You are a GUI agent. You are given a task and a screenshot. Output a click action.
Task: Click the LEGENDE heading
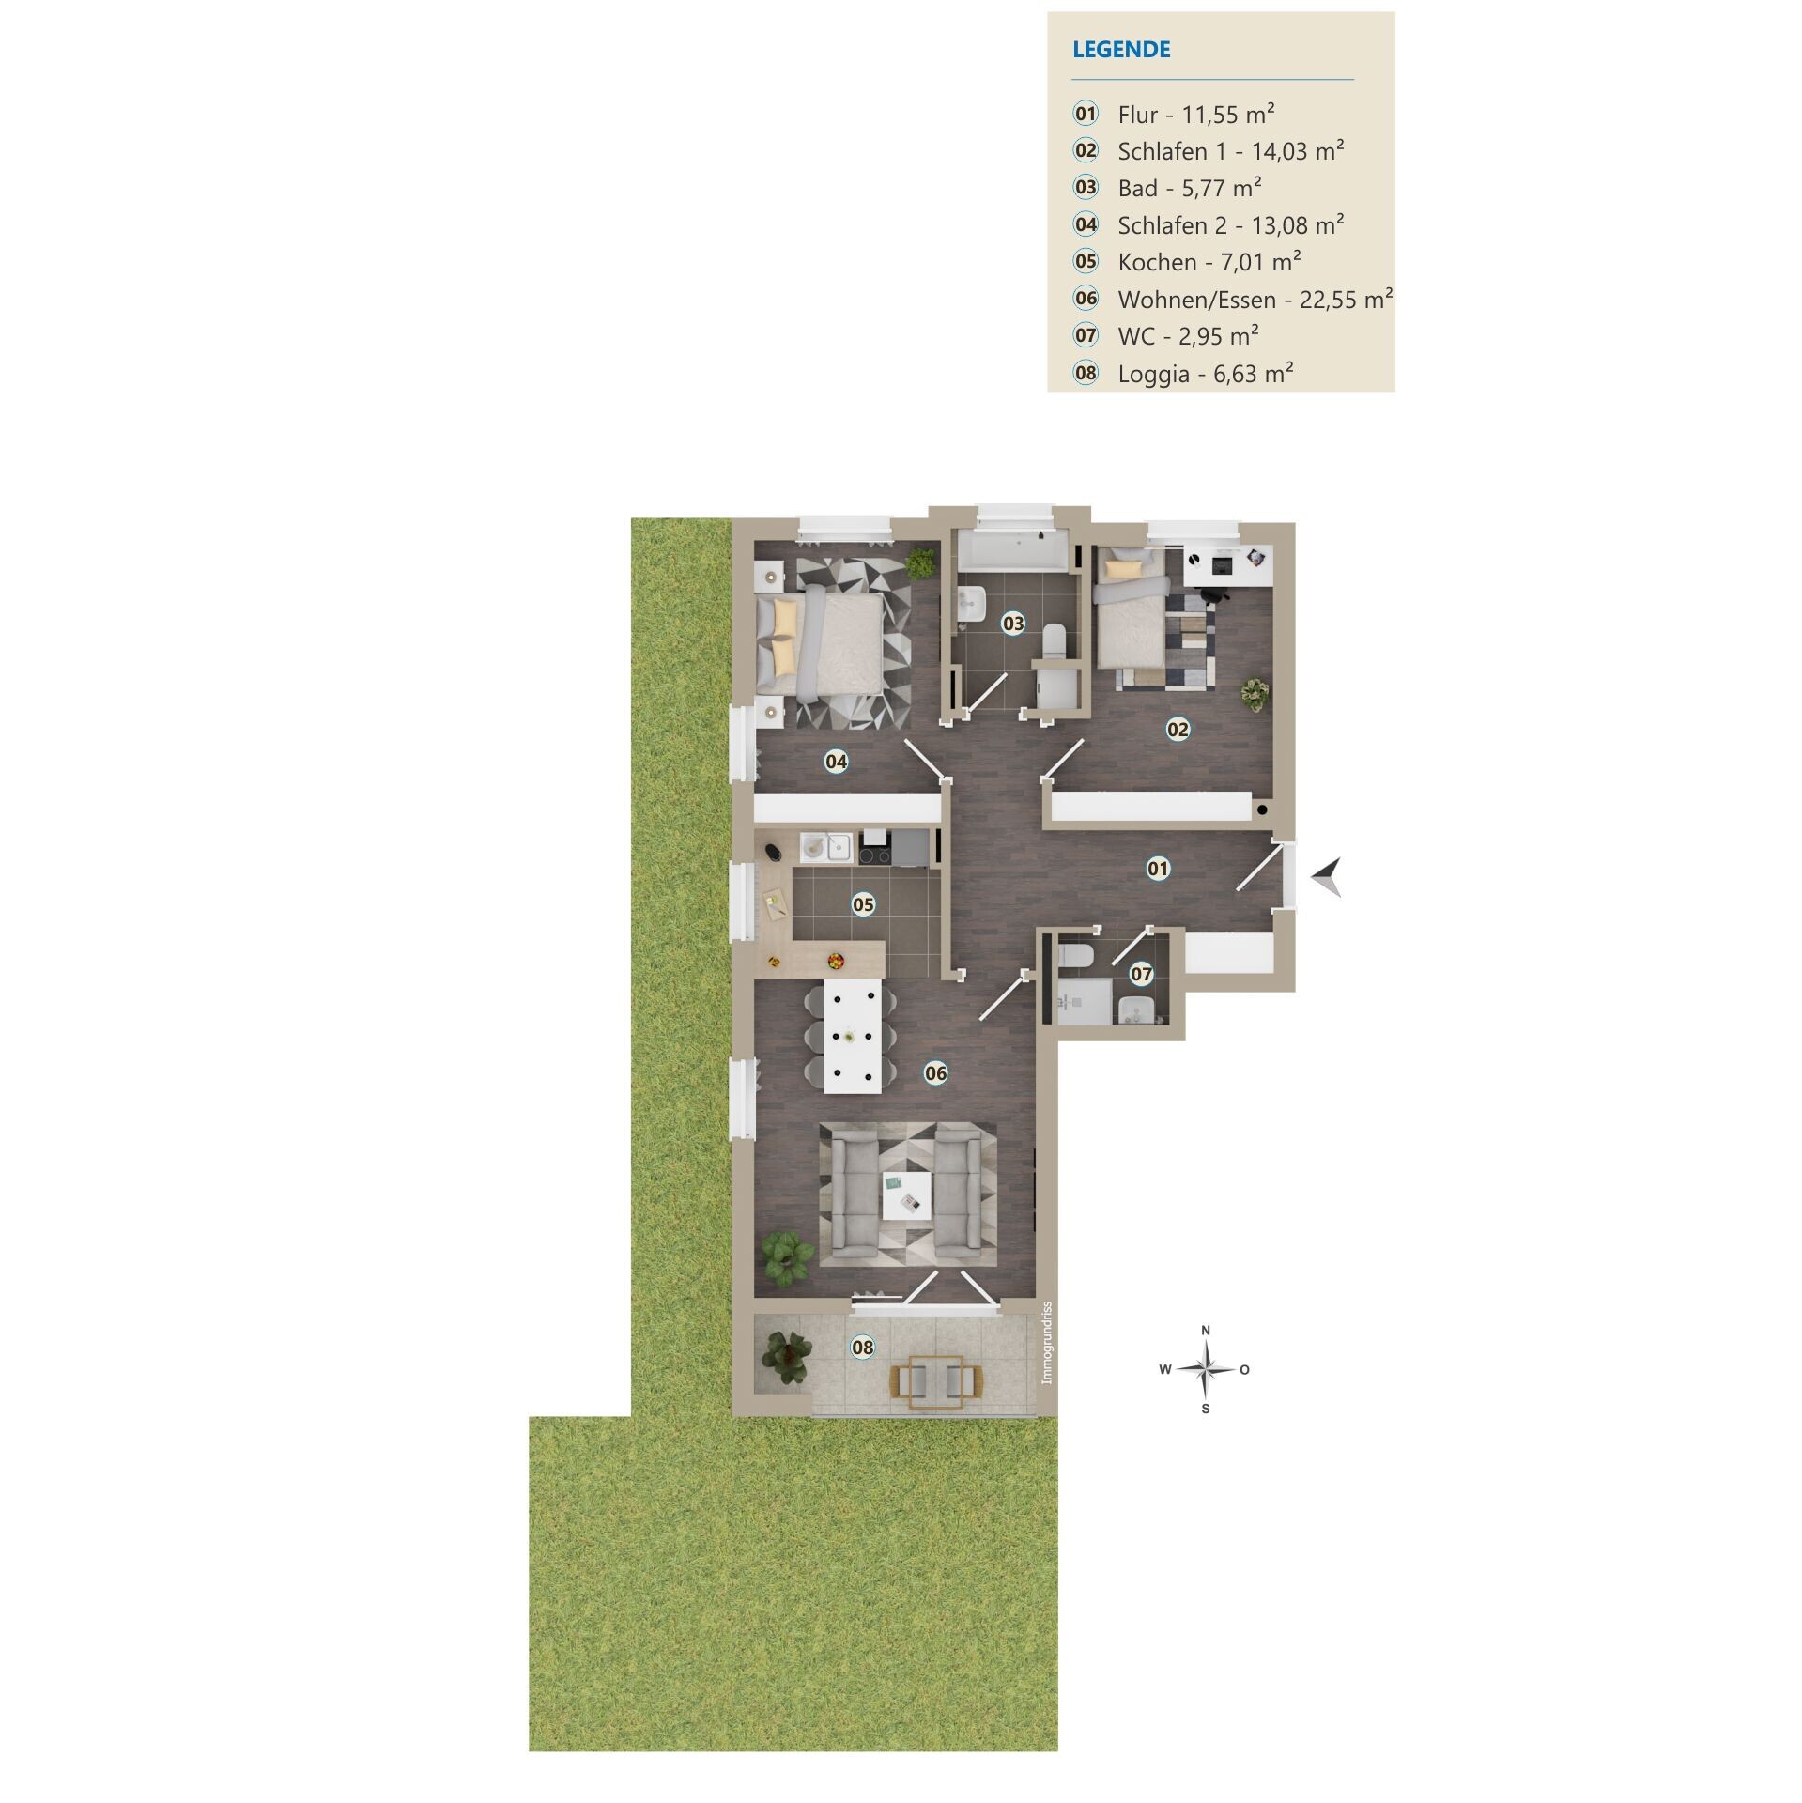tap(1121, 50)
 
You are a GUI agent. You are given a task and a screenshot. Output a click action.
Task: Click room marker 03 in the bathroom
tap(1013, 623)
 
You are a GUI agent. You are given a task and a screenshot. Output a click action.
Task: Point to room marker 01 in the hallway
tap(1159, 869)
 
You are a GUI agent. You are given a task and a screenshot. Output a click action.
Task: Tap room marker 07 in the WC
tap(1141, 974)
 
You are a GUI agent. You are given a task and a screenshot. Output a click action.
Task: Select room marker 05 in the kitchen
tap(863, 904)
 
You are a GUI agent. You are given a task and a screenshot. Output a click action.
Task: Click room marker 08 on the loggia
tap(862, 1348)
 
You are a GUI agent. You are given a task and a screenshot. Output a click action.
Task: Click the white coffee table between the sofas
tap(906, 1195)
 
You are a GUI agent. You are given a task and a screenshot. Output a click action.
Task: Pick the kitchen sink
tap(169, 849)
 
